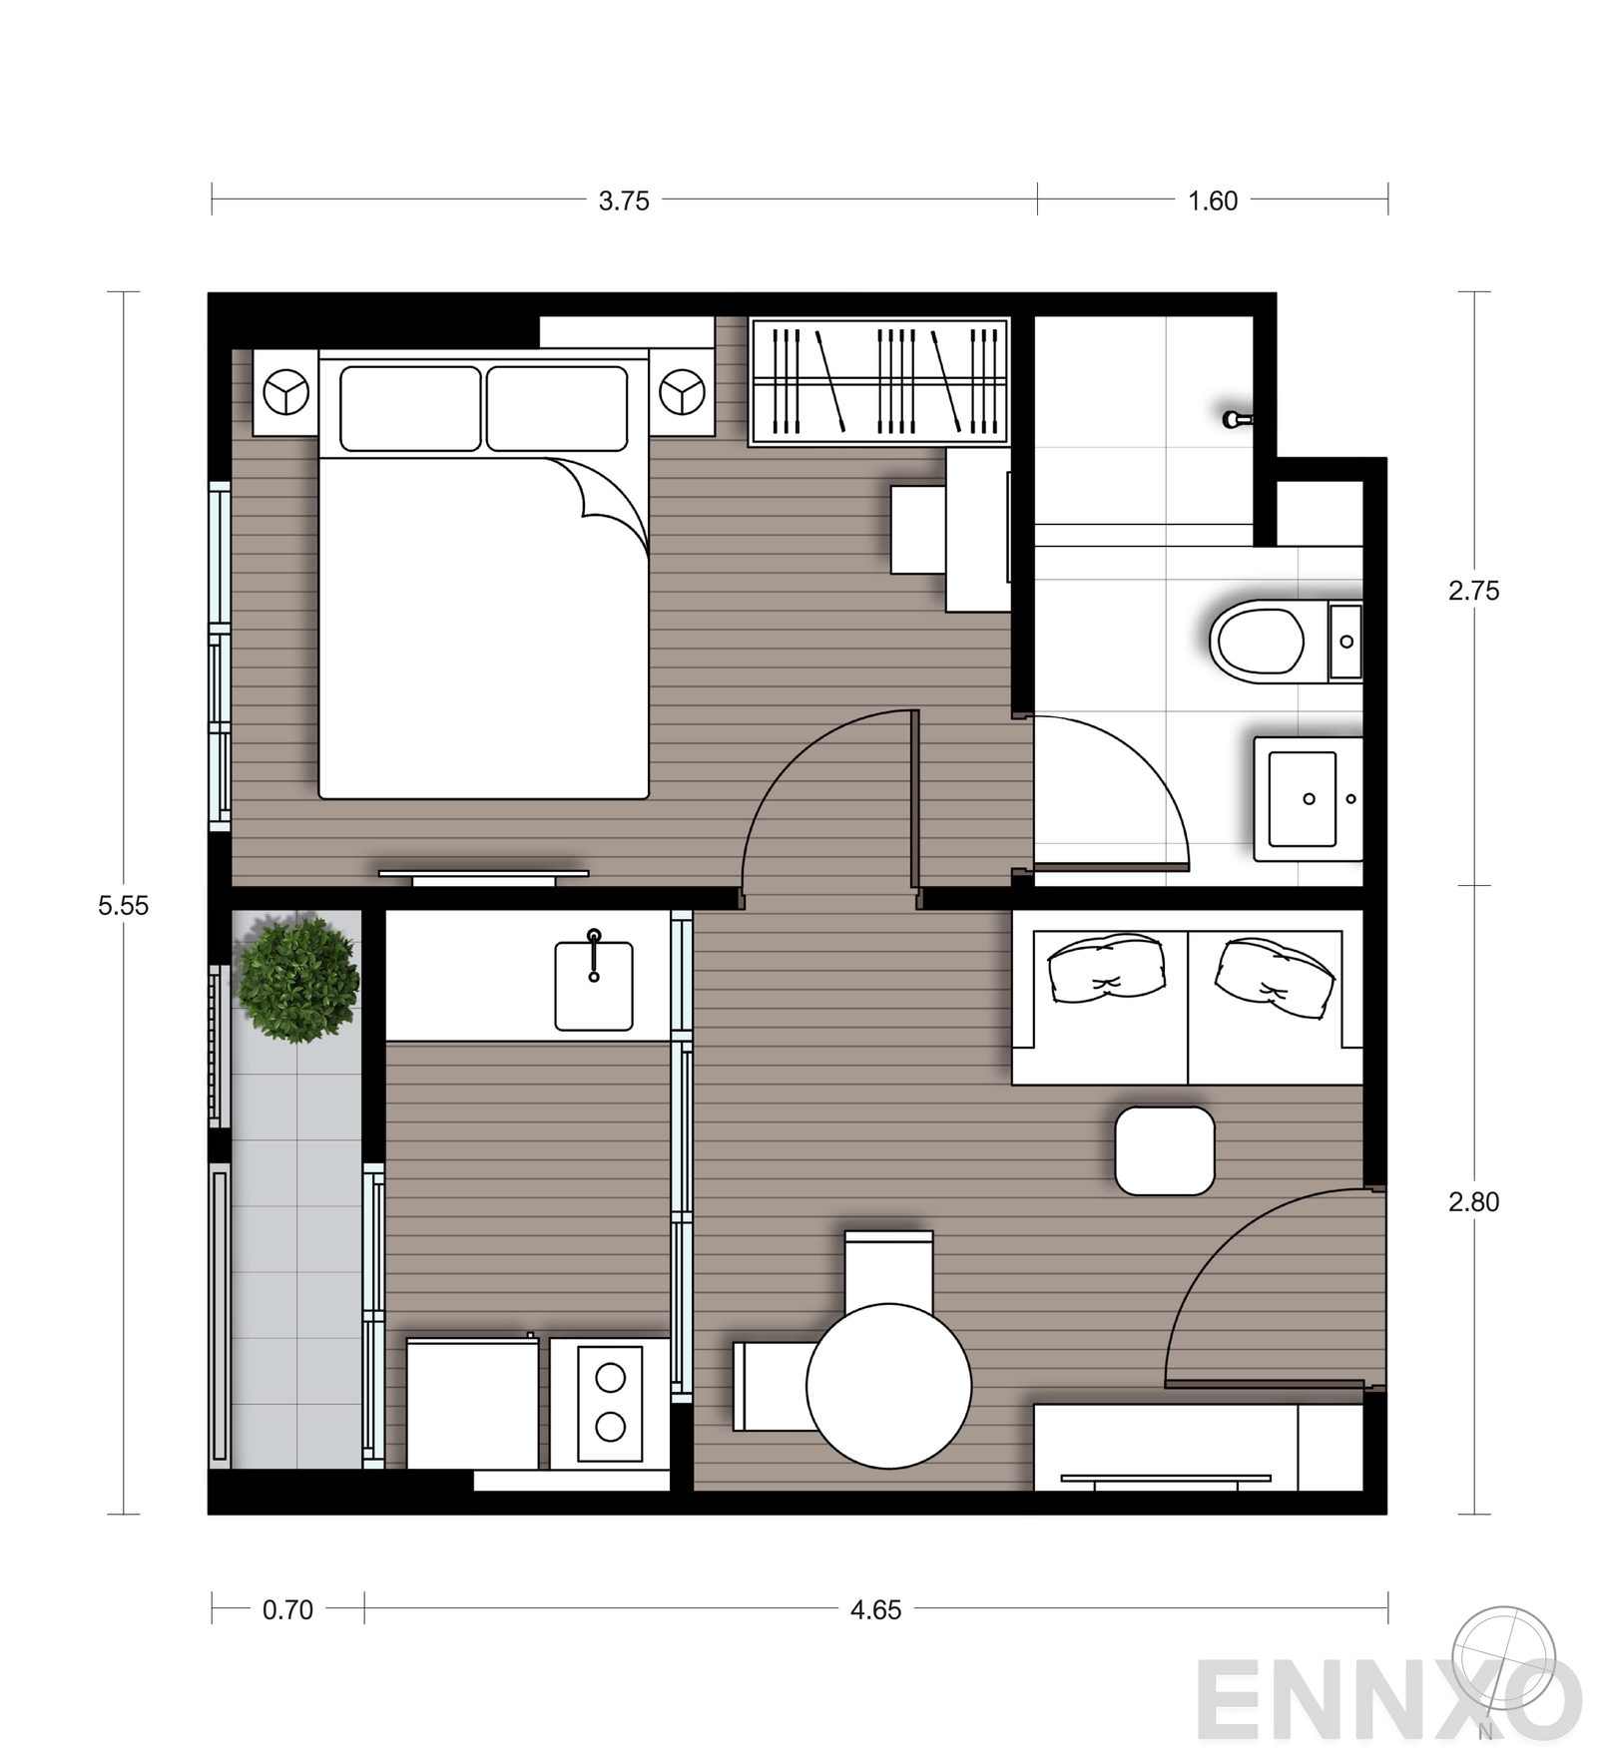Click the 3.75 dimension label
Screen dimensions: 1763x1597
(x=624, y=201)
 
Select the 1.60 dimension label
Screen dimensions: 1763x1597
(x=1212, y=201)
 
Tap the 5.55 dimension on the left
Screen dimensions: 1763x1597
(x=123, y=905)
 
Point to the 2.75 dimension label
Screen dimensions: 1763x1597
(x=1473, y=591)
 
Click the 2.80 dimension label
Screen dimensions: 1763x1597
(x=1473, y=1201)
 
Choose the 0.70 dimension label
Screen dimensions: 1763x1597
(x=287, y=1609)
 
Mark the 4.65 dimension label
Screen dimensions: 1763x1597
(x=875, y=1609)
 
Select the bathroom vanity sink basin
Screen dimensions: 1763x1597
(x=1302, y=798)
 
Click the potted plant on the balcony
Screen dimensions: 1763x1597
(x=297, y=979)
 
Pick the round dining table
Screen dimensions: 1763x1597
(x=888, y=1385)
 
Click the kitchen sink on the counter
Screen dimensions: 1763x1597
(x=594, y=985)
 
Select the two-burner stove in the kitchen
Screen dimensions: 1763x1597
(x=610, y=1403)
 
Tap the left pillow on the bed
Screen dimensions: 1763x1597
(x=410, y=408)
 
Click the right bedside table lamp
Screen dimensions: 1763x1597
(x=682, y=392)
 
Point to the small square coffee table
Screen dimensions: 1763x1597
(x=1164, y=1150)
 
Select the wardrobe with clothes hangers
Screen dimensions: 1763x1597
(x=878, y=380)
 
